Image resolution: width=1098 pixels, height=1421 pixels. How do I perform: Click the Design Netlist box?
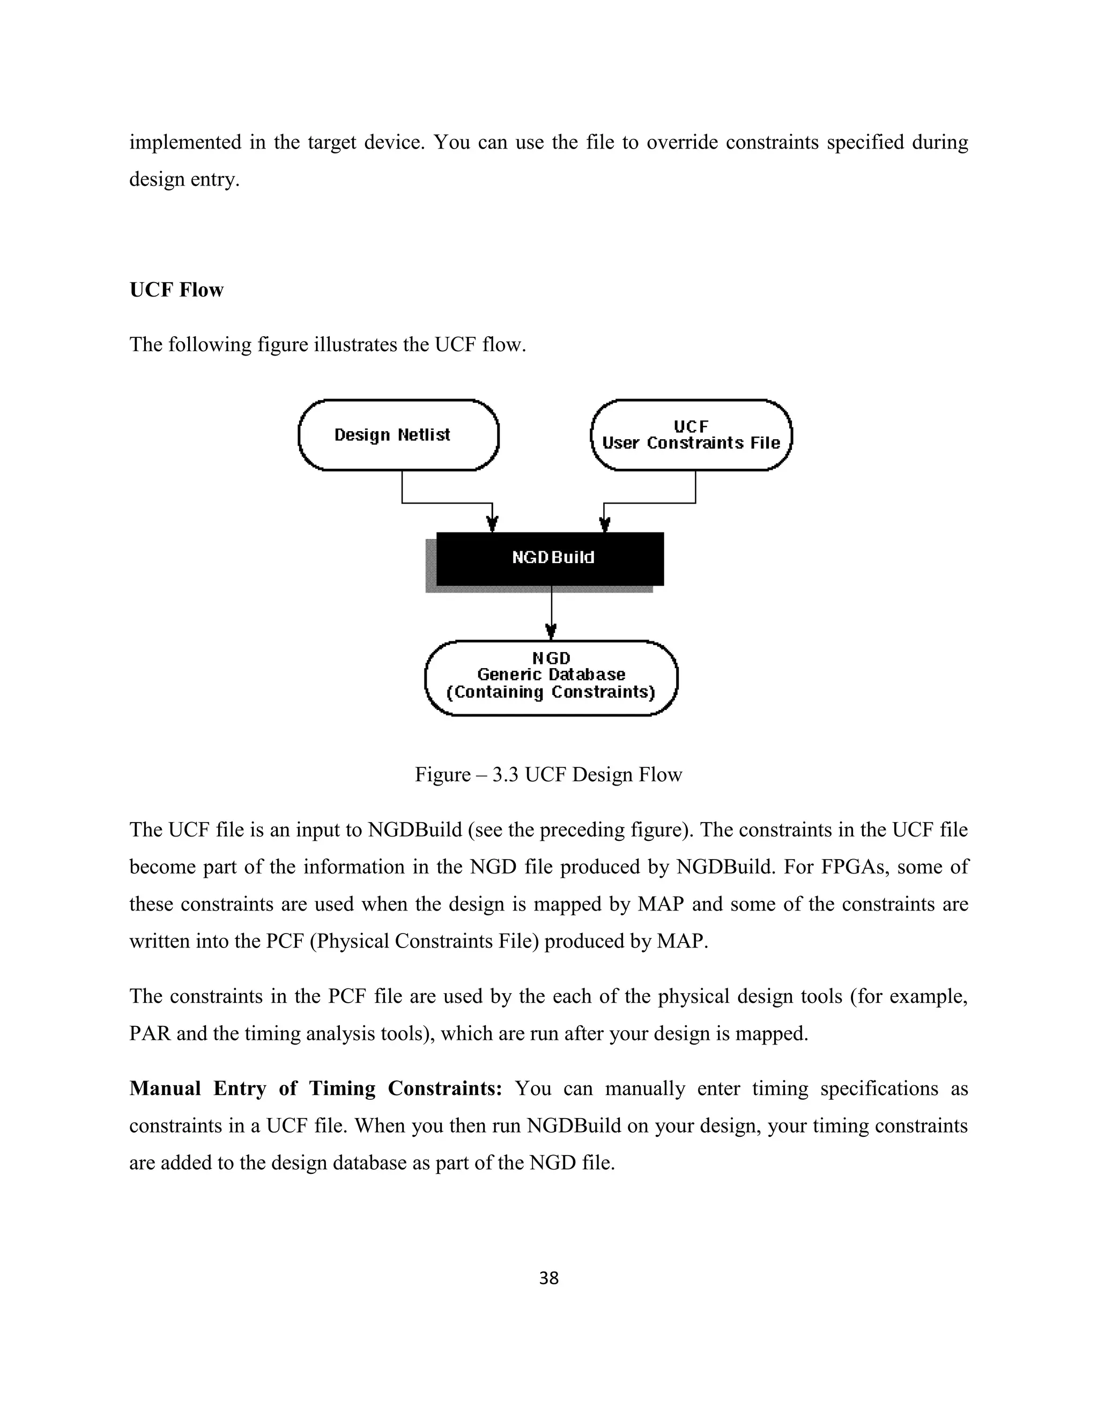pyautogui.click(x=398, y=435)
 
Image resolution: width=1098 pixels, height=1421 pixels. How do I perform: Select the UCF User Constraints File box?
pyautogui.click(x=691, y=435)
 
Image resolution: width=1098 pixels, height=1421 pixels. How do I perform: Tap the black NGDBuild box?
pyautogui.click(x=550, y=558)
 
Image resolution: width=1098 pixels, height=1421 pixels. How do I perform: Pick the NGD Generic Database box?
pyautogui.click(x=551, y=678)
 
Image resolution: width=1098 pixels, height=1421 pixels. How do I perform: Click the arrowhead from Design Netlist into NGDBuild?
pyautogui.click(x=492, y=524)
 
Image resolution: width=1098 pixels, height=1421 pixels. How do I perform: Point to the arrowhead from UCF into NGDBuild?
pyautogui.click(x=604, y=524)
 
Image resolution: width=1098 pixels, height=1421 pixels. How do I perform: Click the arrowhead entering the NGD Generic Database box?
pyautogui.click(x=551, y=631)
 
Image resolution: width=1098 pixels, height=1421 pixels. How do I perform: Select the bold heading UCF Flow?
pyautogui.click(x=176, y=290)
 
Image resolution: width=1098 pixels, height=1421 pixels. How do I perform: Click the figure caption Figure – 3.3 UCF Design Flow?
pyautogui.click(x=548, y=775)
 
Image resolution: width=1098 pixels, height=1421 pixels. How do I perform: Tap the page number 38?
pyautogui.click(x=548, y=1278)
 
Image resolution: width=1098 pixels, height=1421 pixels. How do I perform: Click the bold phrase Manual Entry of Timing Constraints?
pyautogui.click(x=315, y=1089)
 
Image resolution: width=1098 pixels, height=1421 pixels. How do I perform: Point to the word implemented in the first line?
pyautogui.click(x=186, y=143)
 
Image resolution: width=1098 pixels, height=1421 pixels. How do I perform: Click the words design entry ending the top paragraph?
pyautogui.click(x=183, y=180)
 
